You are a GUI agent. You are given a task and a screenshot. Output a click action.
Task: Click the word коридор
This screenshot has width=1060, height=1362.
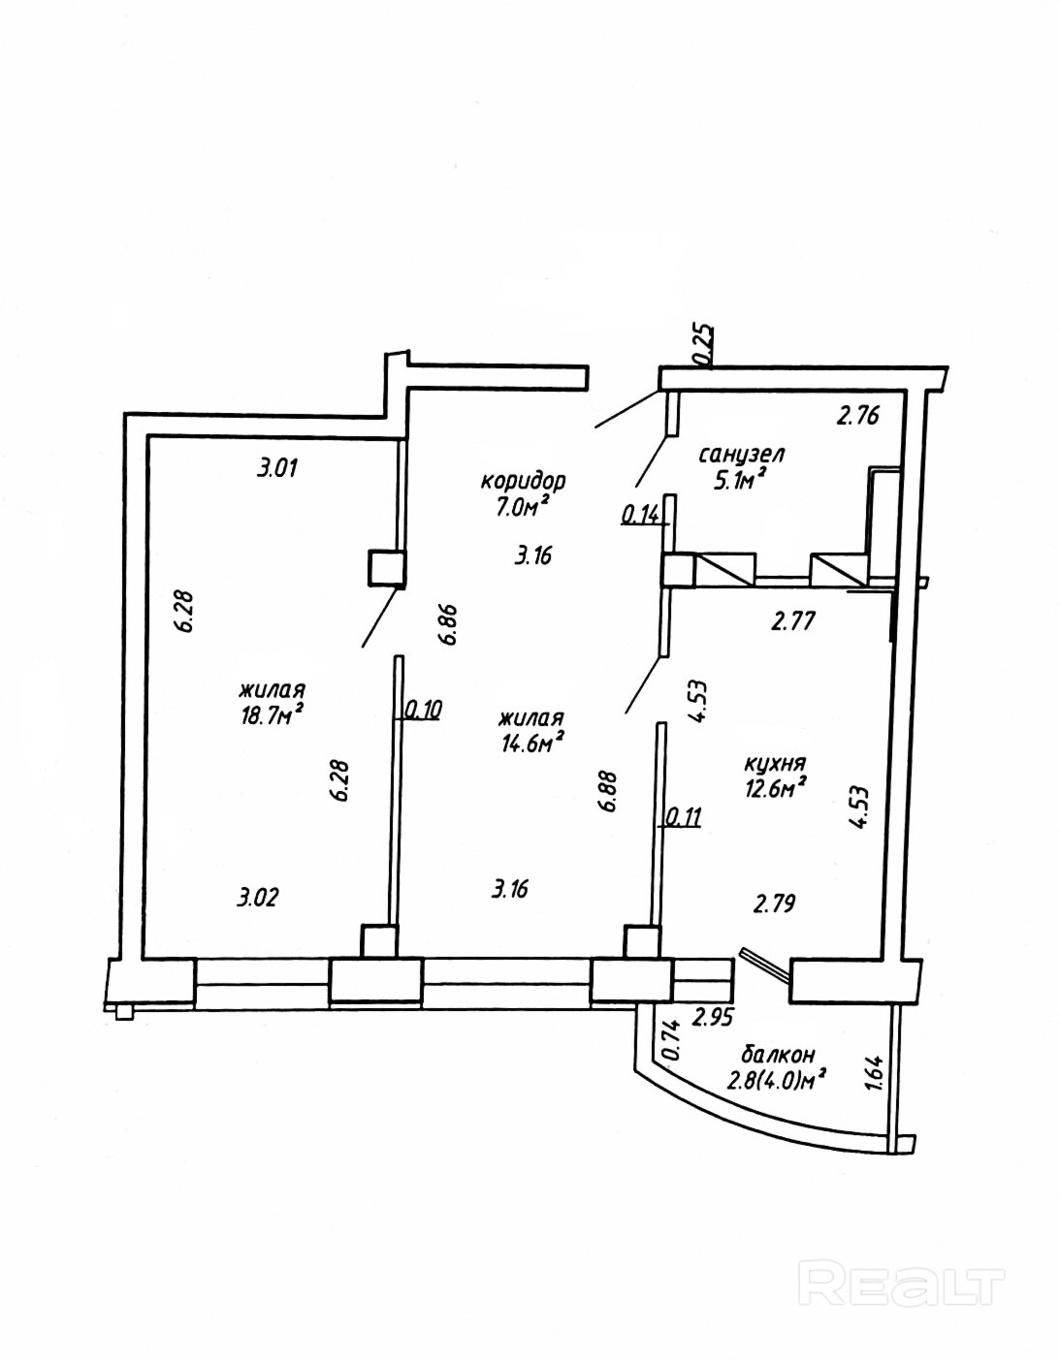tap(523, 480)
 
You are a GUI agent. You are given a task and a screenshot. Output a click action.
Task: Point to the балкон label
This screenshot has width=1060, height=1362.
tap(777, 1054)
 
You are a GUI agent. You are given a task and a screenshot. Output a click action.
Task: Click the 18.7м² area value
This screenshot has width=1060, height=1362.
tap(273, 713)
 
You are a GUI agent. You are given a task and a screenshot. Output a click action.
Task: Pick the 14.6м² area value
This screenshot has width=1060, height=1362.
tap(530, 743)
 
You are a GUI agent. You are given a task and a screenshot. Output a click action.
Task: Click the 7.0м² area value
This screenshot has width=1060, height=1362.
tap(523, 504)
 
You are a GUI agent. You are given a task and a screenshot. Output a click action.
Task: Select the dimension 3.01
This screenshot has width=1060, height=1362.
tap(276, 469)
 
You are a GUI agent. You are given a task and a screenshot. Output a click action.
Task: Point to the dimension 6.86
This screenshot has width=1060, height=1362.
tap(447, 625)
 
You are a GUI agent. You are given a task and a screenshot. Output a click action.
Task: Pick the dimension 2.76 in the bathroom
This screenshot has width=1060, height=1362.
tap(857, 418)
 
